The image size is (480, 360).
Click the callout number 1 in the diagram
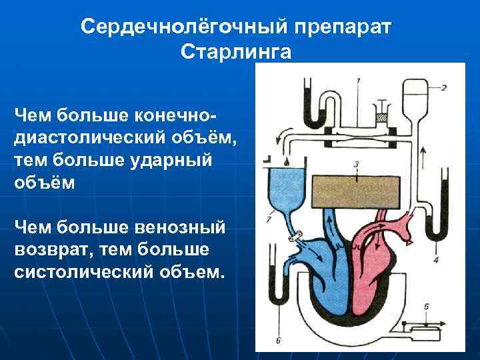[x=359, y=81]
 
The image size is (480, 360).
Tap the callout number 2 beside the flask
[x=443, y=87]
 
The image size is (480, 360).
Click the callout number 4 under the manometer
[x=436, y=259]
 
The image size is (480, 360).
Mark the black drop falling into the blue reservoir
[x=285, y=162]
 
